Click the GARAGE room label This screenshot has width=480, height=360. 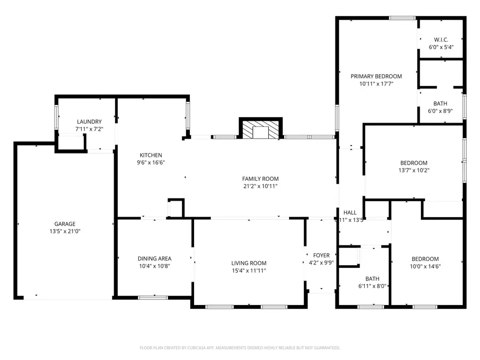[x=65, y=224]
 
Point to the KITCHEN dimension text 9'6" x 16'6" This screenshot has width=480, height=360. [x=151, y=163]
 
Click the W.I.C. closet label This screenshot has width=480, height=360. [x=441, y=39]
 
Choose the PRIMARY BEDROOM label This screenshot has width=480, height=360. [x=376, y=76]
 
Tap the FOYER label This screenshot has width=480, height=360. [x=321, y=255]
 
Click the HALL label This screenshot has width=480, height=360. [x=350, y=212]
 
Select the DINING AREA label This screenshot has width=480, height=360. [x=154, y=258]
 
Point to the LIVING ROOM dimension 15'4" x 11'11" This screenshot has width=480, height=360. [x=249, y=271]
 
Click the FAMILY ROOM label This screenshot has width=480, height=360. [x=260, y=179]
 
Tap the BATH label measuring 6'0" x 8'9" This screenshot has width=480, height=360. [x=441, y=103]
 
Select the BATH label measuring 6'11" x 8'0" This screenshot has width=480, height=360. [x=372, y=278]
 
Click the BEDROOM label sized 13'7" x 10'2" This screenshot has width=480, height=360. [x=414, y=163]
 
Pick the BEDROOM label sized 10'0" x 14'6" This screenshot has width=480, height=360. [x=425, y=259]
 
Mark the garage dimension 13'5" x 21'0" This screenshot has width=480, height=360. [x=65, y=231]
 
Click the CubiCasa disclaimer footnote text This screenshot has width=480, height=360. [x=239, y=348]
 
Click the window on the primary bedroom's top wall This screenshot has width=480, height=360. [x=402, y=18]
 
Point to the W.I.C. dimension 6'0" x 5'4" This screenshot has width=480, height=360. [x=441, y=47]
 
